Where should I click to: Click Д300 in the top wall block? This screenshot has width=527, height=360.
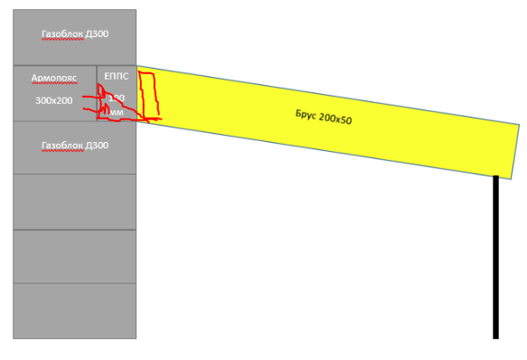97,35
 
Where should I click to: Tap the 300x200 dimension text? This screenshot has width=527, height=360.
53,100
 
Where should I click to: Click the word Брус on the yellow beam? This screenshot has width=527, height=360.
306,115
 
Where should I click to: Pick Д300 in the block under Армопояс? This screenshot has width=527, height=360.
97,145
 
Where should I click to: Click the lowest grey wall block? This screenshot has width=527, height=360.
74,310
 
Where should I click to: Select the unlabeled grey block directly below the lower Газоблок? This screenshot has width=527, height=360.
74,202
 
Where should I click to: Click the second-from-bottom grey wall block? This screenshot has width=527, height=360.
74,257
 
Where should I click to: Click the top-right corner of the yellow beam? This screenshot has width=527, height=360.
520,125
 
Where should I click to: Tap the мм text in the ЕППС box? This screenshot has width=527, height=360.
117,112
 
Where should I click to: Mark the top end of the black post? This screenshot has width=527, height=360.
495,178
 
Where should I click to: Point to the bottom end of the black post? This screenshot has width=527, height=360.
495,336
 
